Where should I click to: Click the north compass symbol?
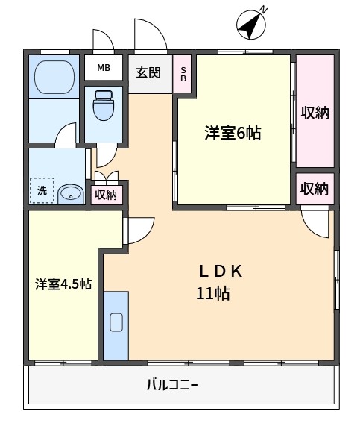click(251, 25)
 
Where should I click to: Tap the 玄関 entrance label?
click(148, 73)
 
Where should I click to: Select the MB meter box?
click(104, 68)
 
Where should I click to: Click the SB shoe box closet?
click(182, 74)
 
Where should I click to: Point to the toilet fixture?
click(104, 105)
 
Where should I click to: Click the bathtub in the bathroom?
click(54, 77)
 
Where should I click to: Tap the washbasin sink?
click(71, 194)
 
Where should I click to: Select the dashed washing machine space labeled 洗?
click(42, 190)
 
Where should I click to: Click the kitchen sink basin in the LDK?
click(116, 322)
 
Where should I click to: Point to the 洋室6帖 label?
click(233, 133)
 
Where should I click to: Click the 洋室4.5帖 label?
click(63, 284)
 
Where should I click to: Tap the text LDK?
click(221, 272)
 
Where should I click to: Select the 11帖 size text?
click(213, 293)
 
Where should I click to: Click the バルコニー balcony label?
click(172, 385)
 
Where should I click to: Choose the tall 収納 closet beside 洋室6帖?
click(315, 111)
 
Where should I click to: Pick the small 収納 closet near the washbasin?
click(107, 195)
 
